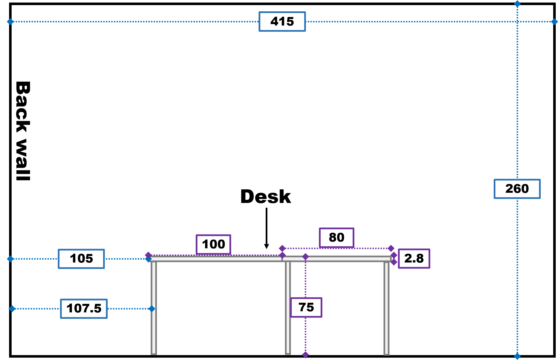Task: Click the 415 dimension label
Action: pyautogui.click(x=282, y=22)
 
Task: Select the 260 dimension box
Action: pyautogui.click(x=517, y=189)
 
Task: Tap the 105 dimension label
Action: pyautogui.click(x=81, y=259)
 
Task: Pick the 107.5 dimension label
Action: pyautogui.click(x=84, y=309)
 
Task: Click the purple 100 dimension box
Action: pyautogui.click(x=213, y=244)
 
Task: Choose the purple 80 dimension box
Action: pyautogui.click(x=336, y=238)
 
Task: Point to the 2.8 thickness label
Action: pyautogui.click(x=414, y=259)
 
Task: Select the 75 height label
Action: pyautogui.click(x=306, y=308)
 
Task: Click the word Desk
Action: pyautogui.click(x=265, y=196)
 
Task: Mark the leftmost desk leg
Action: pyautogui.click(x=154, y=308)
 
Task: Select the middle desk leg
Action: pyautogui.click(x=288, y=308)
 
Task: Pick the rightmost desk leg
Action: pyautogui.click(x=386, y=308)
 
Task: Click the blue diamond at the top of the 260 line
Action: pyautogui.click(x=517, y=4)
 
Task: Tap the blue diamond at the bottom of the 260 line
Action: pyautogui.click(x=517, y=356)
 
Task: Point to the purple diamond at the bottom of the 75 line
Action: pyautogui.click(x=305, y=355)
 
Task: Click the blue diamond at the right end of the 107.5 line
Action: pyautogui.click(x=152, y=309)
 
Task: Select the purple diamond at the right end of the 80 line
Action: pyautogui.click(x=391, y=248)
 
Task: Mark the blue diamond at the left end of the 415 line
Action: pyautogui.click(x=10, y=22)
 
